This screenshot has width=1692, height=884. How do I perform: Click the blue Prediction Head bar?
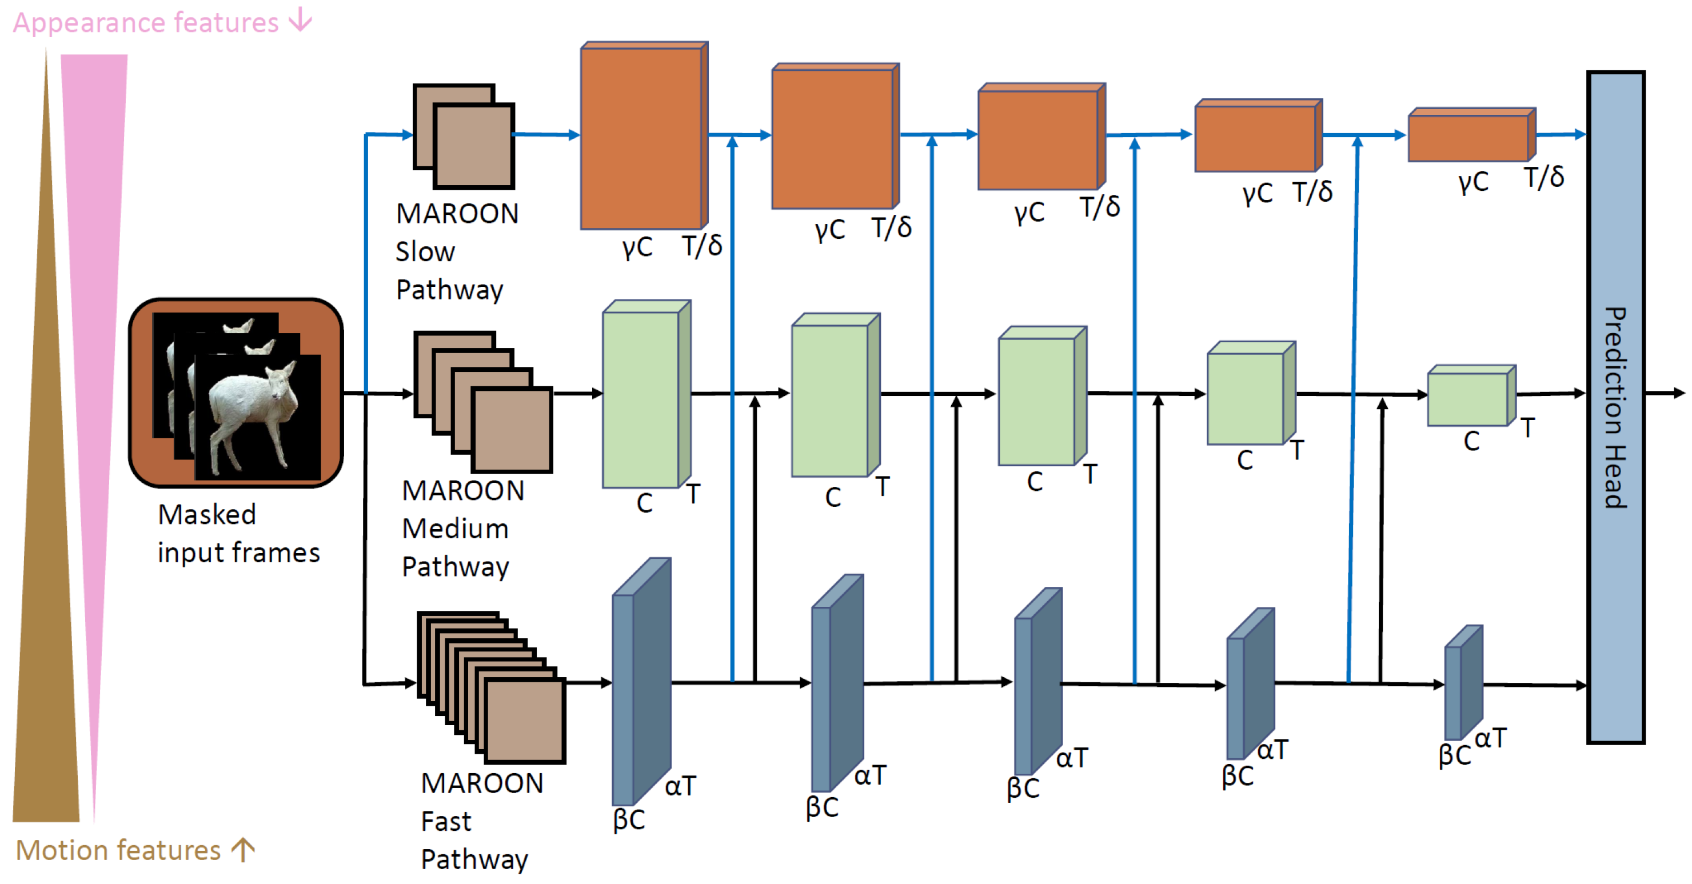click(1616, 407)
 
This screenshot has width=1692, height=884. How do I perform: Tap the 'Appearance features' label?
click(146, 23)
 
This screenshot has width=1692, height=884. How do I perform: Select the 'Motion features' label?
click(118, 850)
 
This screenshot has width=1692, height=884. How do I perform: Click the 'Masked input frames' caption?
click(238, 533)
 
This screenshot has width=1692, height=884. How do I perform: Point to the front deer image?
click(257, 417)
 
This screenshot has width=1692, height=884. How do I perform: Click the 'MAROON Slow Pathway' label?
click(457, 251)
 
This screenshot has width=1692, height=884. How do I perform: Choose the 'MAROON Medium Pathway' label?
click(462, 529)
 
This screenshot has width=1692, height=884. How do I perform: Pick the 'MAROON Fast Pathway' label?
click(481, 821)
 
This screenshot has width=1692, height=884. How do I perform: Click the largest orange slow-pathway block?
click(641, 138)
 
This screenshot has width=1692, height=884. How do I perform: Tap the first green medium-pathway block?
click(641, 399)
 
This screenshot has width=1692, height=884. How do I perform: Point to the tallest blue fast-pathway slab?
click(640, 683)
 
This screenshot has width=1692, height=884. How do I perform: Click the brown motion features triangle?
click(46, 591)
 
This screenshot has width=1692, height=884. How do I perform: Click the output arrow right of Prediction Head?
click(1665, 393)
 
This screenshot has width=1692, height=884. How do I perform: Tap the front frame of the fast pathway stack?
click(525, 721)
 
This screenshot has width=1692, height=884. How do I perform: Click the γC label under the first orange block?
click(637, 247)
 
